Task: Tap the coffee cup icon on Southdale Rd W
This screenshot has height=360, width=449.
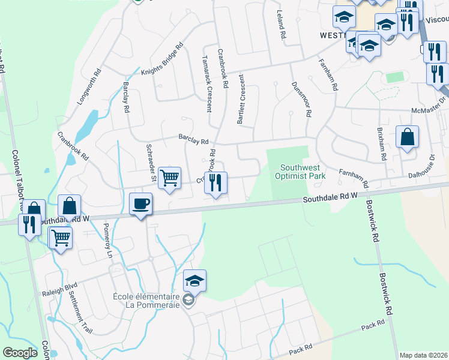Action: [x=141, y=204]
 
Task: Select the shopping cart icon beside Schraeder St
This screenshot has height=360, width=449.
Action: [x=170, y=178]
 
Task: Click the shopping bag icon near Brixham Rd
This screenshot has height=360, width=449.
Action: [x=407, y=137]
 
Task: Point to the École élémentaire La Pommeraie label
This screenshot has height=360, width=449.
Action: [x=146, y=301]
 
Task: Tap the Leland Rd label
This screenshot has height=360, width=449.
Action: [x=280, y=25]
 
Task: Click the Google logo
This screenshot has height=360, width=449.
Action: [x=20, y=353]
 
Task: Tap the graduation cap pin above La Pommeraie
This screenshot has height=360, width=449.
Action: [x=194, y=280]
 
